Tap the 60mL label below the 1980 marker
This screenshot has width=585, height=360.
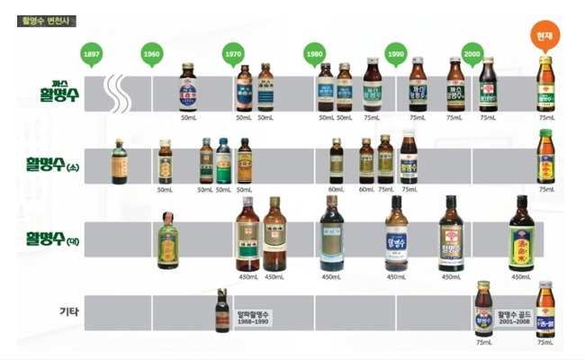tap(337, 190)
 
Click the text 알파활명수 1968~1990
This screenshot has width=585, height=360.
tap(254, 318)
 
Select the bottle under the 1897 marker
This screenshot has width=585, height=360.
tap(118, 161)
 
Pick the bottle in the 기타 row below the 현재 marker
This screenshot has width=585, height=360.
tap(544, 309)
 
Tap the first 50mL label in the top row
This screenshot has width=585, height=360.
tap(188, 118)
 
